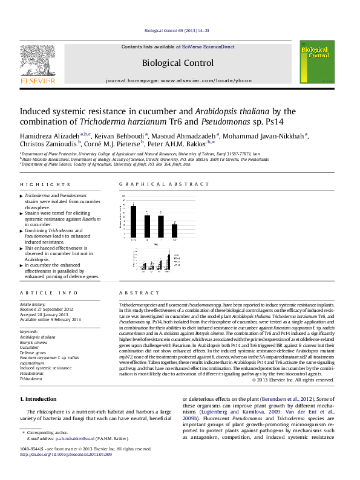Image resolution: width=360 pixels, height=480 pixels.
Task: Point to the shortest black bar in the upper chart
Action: [175, 230]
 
